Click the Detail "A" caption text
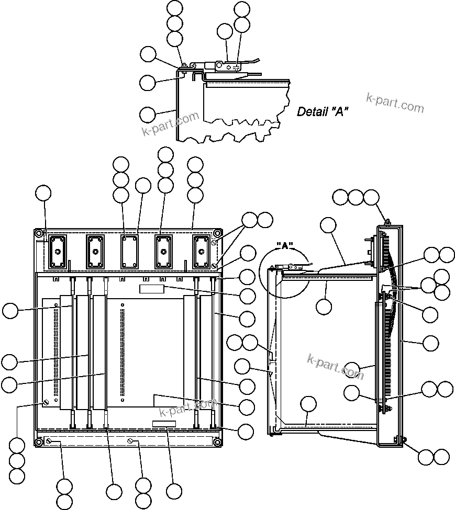[323, 111]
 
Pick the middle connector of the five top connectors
[128, 252]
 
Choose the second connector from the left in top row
[95, 252]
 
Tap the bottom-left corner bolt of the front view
[39, 443]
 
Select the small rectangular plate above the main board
[152, 289]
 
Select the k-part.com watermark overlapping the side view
[335, 366]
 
